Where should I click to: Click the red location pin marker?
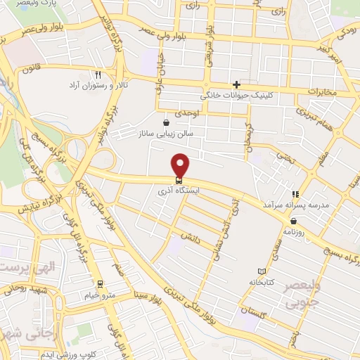(x=181, y=165)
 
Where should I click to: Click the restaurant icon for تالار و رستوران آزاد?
(x=98, y=74)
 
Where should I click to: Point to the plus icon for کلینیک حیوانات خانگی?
(x=236, y=84)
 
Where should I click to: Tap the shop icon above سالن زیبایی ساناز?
(x=166, y=122)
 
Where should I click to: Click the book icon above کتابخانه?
(x=262, y=271)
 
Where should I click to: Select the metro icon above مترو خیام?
(x=101, y=284)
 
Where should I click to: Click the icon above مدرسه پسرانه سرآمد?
(x=296, y=193)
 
